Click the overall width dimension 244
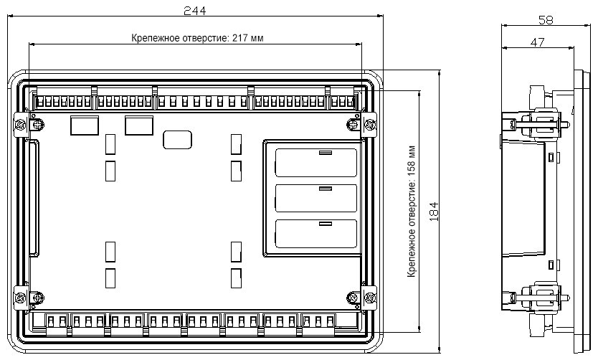pos(194,11)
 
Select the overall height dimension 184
pos(434,212)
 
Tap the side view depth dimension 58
pos(546,20)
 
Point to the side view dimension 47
pos(537,42)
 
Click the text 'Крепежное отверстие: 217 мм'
pos(197,38)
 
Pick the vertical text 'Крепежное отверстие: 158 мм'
pos(412,212)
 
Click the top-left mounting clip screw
pos(20,125)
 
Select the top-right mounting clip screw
pos(369,125)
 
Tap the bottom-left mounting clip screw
pos(20,298)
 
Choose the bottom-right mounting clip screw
pos(369,298)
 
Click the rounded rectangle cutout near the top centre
pos(177,140)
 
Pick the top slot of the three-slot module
pos(316,163)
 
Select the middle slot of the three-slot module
pos(316,199)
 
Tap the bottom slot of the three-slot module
pos(316,233)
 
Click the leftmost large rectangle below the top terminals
pos(85,125)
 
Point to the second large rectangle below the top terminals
pos(139,125)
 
